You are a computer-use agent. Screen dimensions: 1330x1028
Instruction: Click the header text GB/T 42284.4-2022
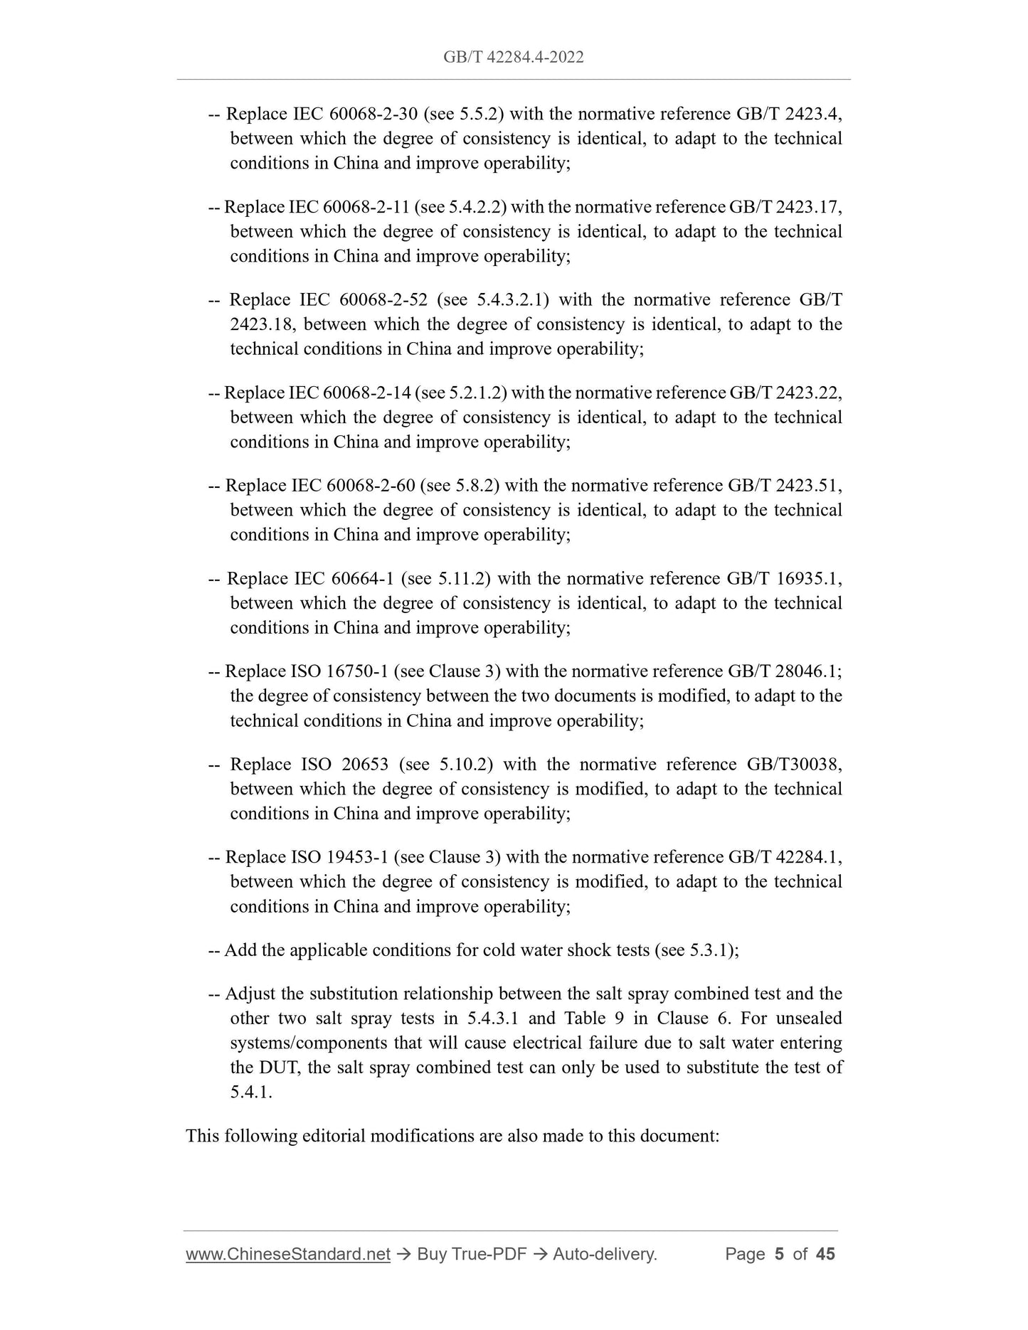(x=513, y=57)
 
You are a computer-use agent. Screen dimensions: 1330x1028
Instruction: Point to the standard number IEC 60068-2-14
(x=349, y=393)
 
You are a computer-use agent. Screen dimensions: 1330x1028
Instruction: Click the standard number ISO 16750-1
(x=340, y=671)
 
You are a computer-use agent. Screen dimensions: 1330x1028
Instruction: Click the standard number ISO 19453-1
(x=339, y=857)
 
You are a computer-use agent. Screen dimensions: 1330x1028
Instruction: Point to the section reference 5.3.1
(x=711, y=950)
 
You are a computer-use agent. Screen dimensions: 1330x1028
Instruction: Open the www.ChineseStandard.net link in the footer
(x=288, y=1255)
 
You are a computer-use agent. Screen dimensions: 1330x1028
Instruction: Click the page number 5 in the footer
(x=779, y=1255)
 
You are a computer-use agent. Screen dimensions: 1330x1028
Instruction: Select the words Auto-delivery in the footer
(x=604, y=1255)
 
